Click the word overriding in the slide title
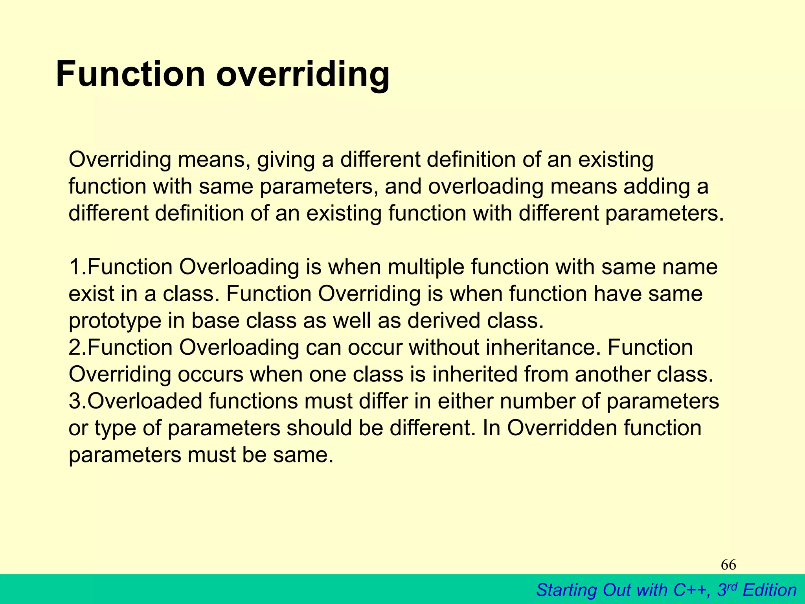click(x=303, y=75)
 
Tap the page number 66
click(x=728, y=565)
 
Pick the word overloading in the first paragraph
click(x=485, y=186)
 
